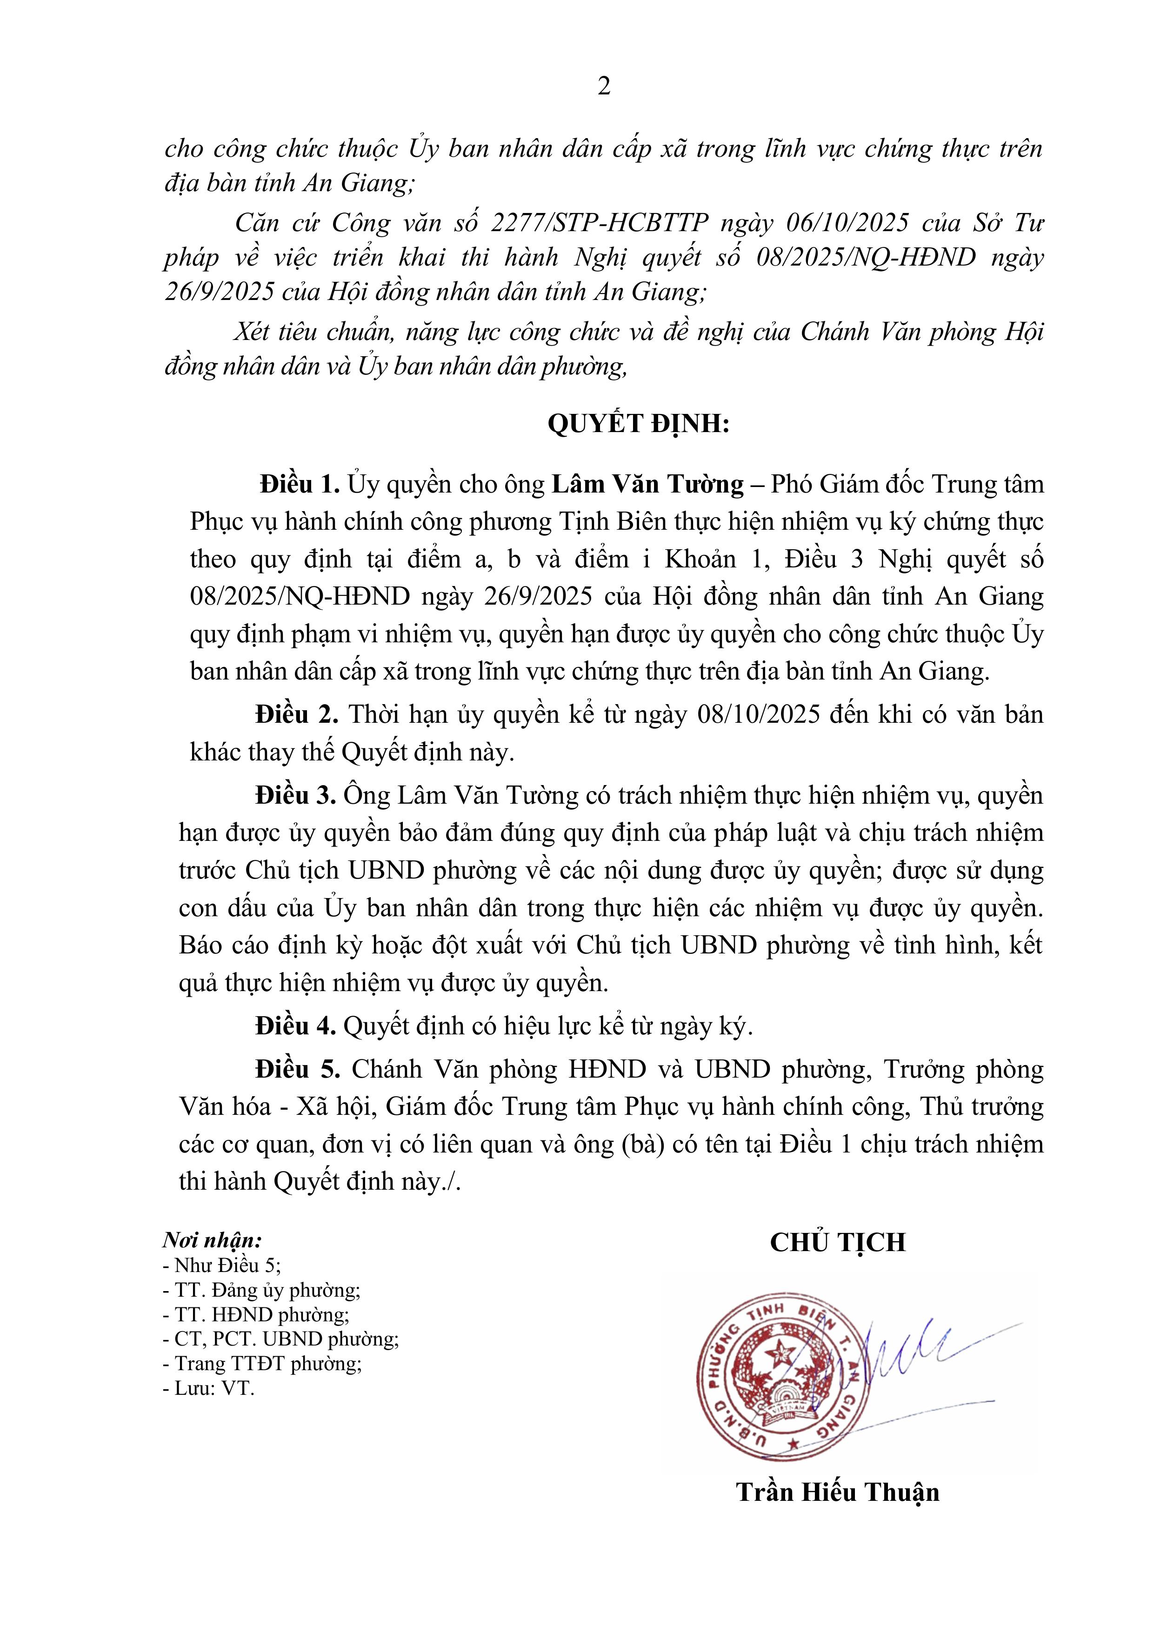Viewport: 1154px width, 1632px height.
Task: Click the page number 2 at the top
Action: (x=604, y=87)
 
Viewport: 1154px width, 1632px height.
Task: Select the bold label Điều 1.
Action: (x=300, y=485)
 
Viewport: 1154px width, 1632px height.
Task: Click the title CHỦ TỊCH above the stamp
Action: (x=838, y=1242)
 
